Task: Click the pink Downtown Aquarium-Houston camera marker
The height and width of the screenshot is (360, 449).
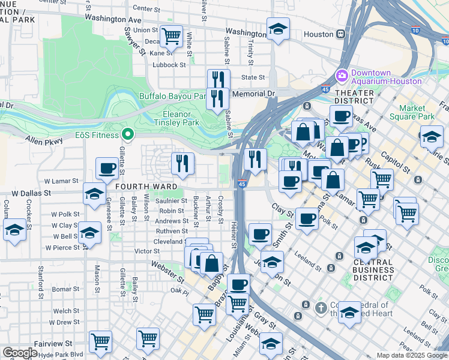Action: click(x=342, y=76)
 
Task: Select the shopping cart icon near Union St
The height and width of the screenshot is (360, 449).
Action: click(x=172, y=36)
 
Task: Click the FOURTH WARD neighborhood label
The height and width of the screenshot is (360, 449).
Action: click(x=140, y=187)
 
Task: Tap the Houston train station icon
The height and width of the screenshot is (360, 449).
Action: click(x=340, y=34)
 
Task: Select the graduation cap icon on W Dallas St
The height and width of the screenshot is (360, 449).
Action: click(x=94, y=194)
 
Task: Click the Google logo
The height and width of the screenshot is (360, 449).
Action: click(x=20, y=353)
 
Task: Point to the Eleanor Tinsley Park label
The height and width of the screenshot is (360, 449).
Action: click(x=181, y=118)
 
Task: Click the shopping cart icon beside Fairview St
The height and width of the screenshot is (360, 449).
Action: click(x=100, y=341)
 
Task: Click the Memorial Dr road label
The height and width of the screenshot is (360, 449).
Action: click(x=253, y=94)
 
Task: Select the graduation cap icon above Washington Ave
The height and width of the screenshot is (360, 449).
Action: click(x=278, y=28)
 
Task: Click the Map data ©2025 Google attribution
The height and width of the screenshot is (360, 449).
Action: click(x=411, y=355)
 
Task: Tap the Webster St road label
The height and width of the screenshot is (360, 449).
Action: click(x=167, y=269)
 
